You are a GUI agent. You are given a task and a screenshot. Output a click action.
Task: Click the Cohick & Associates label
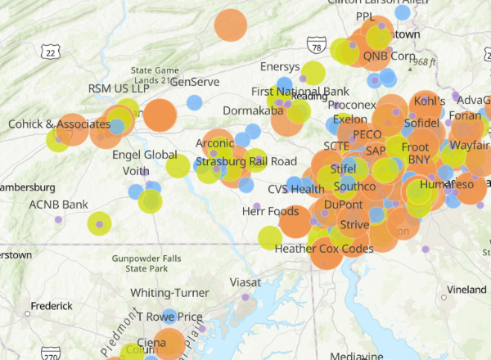point(59,124)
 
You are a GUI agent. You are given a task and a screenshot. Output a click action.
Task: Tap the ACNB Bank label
point(58,204)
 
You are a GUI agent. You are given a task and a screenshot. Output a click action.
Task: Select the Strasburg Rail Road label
point(245,161)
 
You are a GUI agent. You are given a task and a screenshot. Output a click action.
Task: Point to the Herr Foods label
point(271,212)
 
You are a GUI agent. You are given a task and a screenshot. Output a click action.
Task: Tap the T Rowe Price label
point(169,317)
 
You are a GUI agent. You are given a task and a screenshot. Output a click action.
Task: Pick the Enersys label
point(280,66)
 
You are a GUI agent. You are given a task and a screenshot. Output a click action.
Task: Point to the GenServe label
point(195,82)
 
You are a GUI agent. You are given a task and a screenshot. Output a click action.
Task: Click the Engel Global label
point(144,155)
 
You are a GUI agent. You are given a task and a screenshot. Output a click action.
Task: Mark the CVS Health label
point(296,189)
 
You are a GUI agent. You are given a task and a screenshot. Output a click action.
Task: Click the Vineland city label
point(467,290)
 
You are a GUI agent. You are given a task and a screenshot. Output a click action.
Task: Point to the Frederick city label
point(52,306)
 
